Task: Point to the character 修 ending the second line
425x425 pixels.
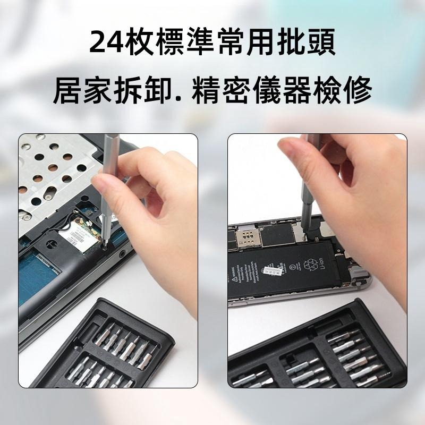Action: pyautogui.click(x=354, y=90)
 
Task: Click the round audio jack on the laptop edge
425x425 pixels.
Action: pyautogui.click(x=124, y=254)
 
